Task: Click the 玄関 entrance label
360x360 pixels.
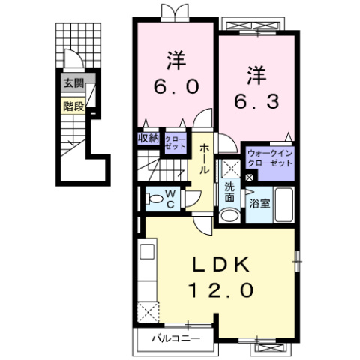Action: point(73,84)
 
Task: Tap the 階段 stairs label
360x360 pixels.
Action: point(73,106)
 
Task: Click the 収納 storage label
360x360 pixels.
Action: point(148,138)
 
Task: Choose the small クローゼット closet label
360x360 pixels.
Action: point(175,142)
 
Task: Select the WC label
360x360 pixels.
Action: point(170,197)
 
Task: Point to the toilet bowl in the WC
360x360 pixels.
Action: point(153,199)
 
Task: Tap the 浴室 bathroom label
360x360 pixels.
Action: point(259,202)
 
